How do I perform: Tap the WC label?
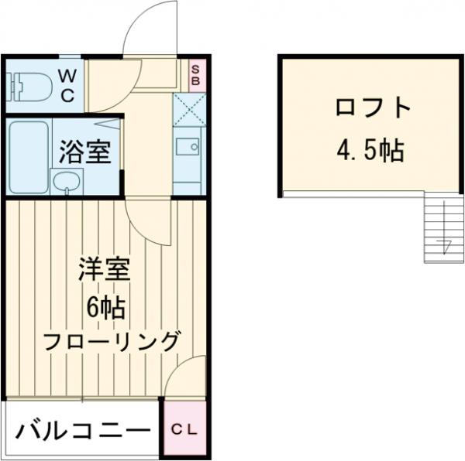point(67,86)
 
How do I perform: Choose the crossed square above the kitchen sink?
point(188,109)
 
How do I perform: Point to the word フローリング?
point(112,340)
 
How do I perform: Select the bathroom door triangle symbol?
point(108,123)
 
